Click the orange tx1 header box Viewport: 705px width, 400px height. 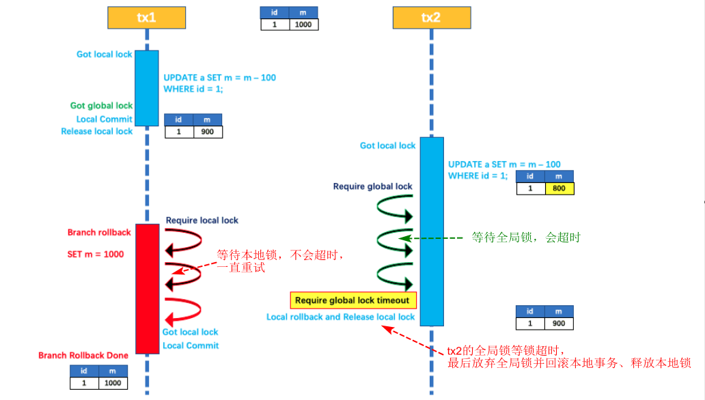[x=147, y=18]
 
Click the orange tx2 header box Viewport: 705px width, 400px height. [x=430, y=18]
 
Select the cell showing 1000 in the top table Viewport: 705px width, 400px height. [x=303, y=24]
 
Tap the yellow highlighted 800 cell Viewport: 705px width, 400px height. [x=559, y=189]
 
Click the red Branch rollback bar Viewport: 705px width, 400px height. [x=147, y=288]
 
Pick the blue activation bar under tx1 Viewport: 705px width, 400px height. [x=147, y=87]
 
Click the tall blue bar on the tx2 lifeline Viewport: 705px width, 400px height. [x=431, y=231]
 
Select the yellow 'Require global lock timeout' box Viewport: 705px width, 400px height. [x=352, y=300]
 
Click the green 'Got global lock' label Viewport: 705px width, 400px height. [x=101, y=106]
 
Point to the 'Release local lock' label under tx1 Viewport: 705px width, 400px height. [x=96, y=131]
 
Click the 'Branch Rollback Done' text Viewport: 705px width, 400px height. [x=83, y=356]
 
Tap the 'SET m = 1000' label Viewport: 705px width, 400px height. [x=95, y=253]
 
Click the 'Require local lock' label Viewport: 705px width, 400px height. [x=202, y=220]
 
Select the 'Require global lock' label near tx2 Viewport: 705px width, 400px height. [x=372, y=186]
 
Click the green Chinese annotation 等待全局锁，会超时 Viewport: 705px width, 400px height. [x=526, y=238]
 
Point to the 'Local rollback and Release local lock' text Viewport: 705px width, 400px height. [x=340, y=317]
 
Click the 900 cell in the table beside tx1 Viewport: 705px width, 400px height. [x=208, y=132]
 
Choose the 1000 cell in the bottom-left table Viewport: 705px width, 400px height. [x=113, y=383]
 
